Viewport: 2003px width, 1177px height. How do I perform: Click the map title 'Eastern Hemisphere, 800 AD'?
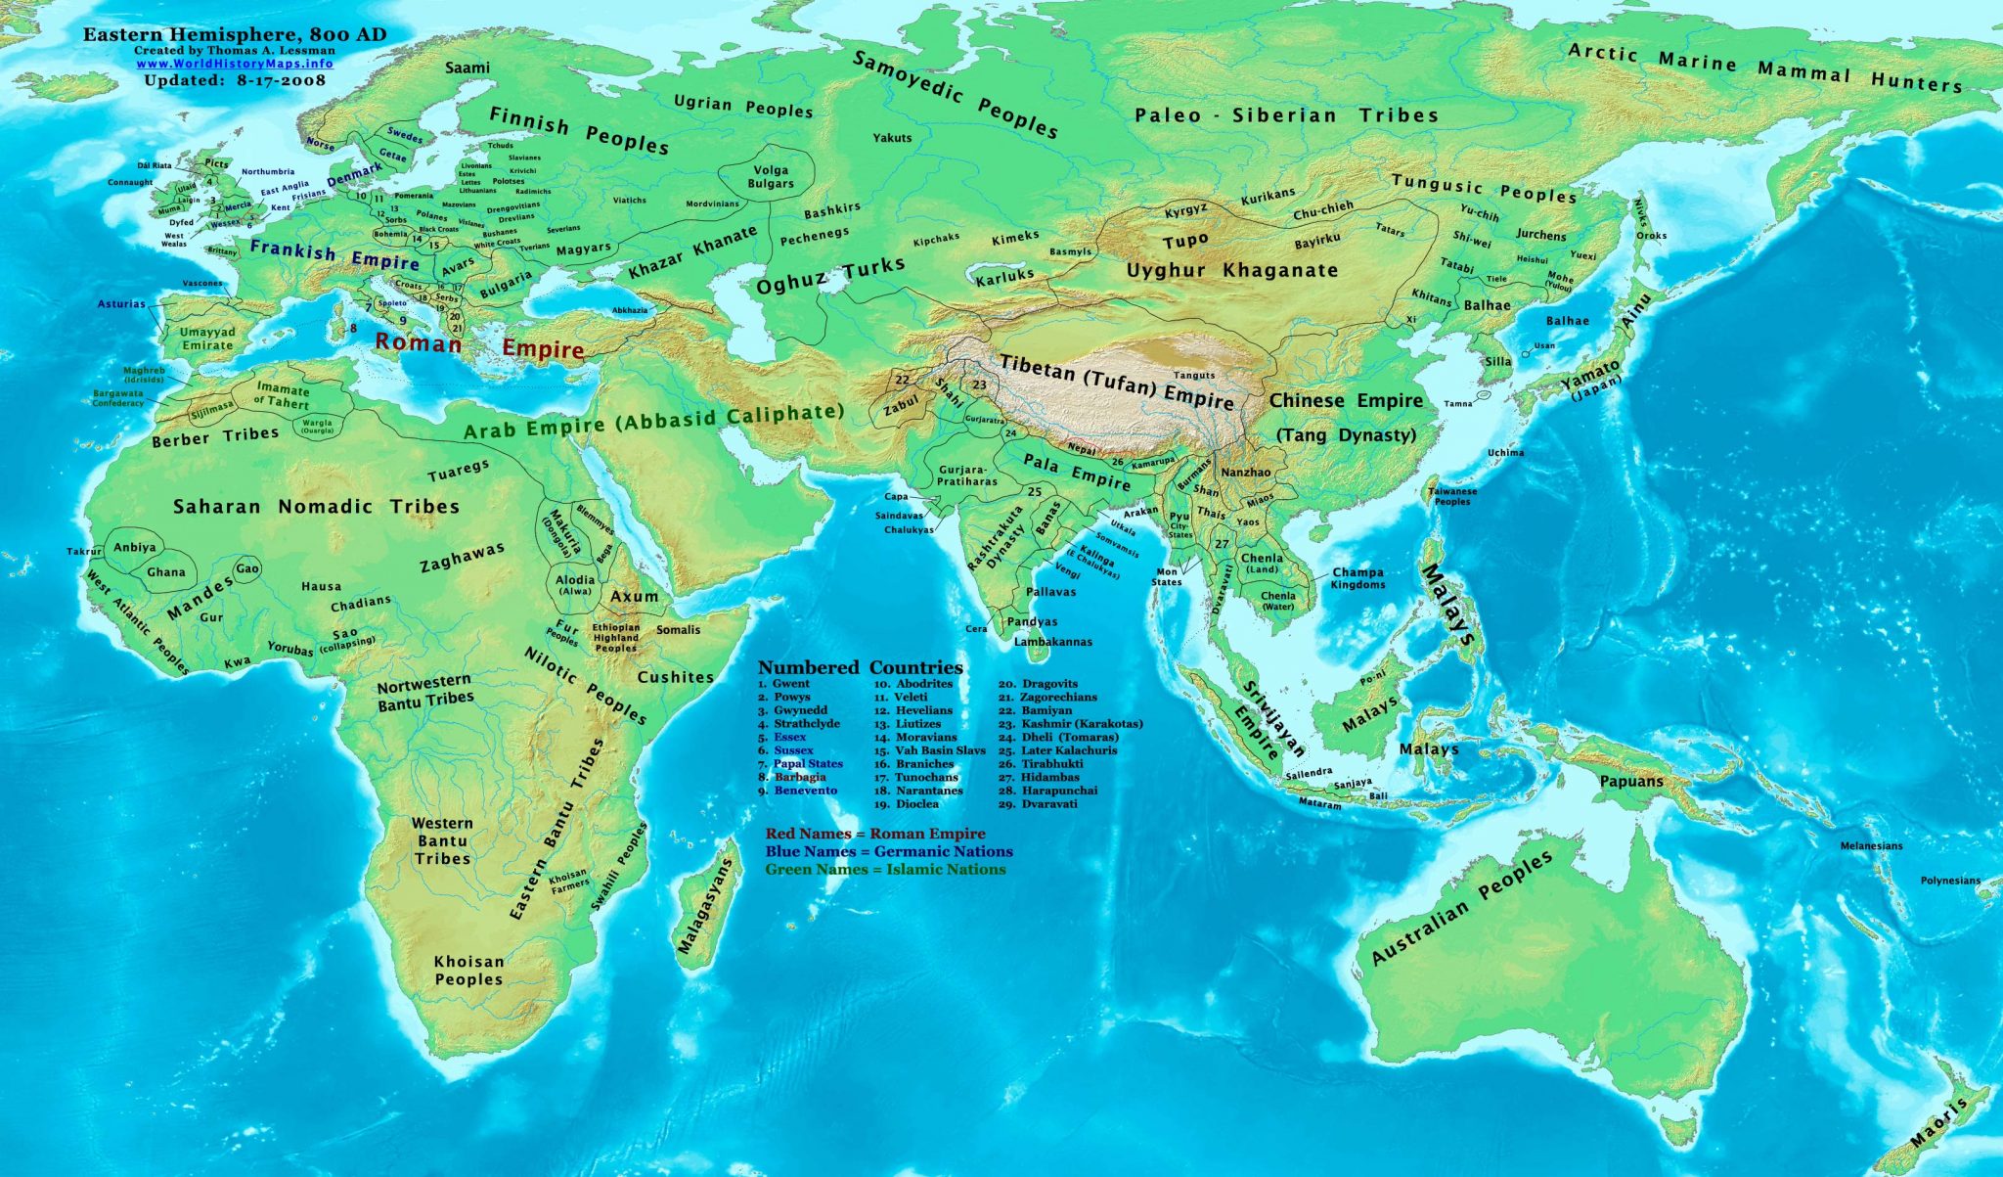click(x=234, y=34)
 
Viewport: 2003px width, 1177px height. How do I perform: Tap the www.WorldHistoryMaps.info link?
click(x=234, y=64)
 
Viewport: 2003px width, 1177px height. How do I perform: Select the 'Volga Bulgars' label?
click(x=771, y=176)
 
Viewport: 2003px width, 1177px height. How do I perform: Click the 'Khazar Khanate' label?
click(x=692, y=252)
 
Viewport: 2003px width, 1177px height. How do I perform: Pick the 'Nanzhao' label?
click(x=1246, y=472)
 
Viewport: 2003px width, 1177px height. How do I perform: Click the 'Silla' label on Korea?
click(x=1497, y=361)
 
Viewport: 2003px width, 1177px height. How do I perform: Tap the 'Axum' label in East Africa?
click(x=634, y=596)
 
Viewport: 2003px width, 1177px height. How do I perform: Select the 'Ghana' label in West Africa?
click(x=165, y=572)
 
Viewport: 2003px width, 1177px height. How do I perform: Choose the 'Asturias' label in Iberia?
click(x=121, y=303)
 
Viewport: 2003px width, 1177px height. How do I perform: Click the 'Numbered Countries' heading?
click(x=860, y=667)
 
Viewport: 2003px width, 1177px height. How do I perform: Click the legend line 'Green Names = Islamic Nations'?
click(x=885, y=869)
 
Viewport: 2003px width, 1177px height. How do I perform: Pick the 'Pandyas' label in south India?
click(x=1032, y=621)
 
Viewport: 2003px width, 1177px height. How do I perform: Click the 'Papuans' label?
click(x=1631, y=781)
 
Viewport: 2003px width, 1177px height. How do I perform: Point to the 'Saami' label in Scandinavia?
click(x=467, y=68)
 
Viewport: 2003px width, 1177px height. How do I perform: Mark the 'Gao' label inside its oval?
click(x=247, y=568)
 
